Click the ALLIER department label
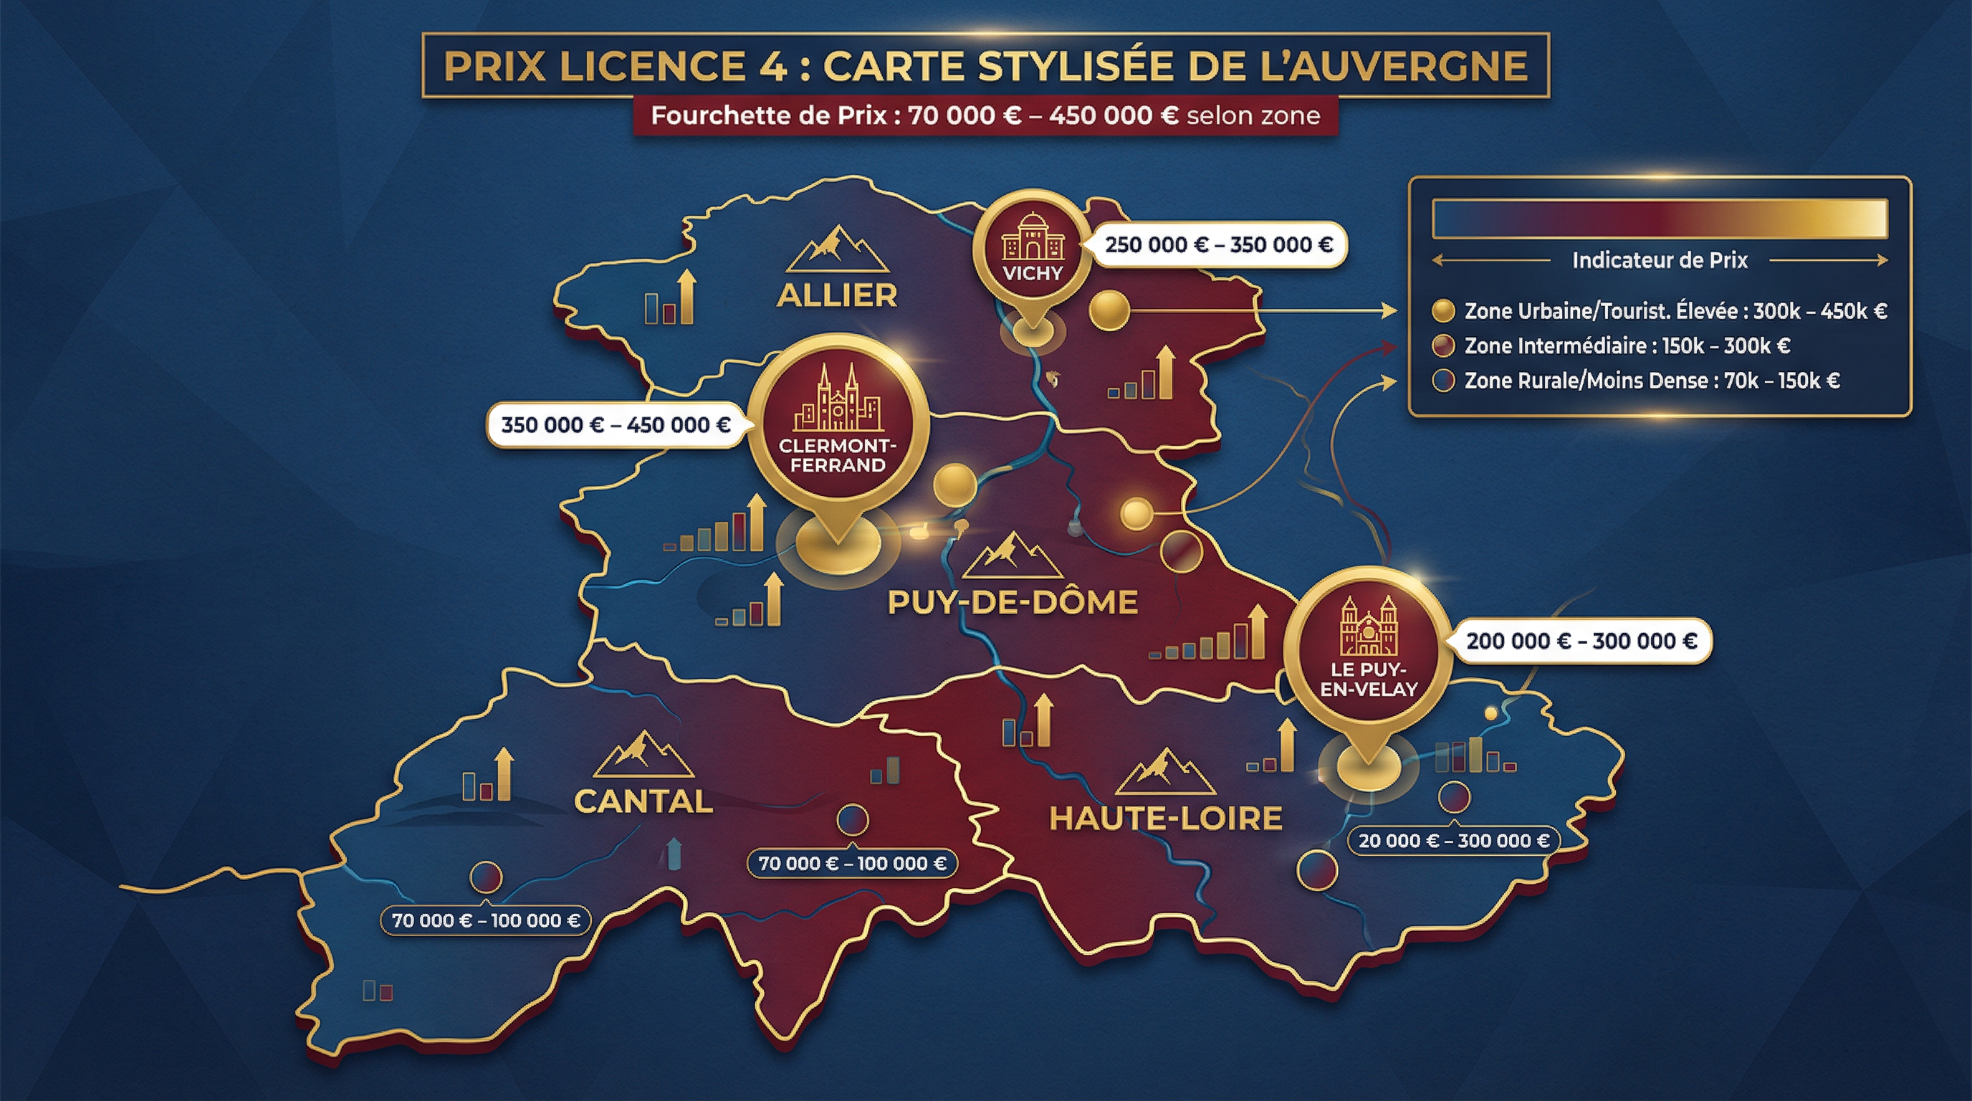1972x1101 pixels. (837, 295)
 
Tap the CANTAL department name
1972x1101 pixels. (643, 801)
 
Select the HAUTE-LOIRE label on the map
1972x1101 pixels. (1165, 819)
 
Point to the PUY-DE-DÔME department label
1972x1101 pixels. (1012, 603)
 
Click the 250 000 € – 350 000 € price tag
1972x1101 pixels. (1218, 245)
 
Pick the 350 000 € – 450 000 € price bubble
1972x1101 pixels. (616, 425)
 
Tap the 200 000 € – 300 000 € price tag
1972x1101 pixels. (1581, 641)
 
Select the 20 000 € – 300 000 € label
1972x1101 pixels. (1453, 841)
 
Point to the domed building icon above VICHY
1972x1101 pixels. (1033, 237)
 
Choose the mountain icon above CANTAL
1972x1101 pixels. (643, 754)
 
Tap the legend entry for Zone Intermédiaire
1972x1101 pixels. (1627, 346)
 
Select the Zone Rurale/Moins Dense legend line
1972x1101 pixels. (1651, 381)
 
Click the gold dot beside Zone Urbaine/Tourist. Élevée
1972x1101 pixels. (1443, 311)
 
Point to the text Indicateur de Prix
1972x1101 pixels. (1660, 260)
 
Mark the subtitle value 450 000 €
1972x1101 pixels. (1113, 115)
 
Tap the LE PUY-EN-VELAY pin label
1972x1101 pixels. (1369, 679)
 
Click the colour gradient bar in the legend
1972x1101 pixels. (1660, 218)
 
